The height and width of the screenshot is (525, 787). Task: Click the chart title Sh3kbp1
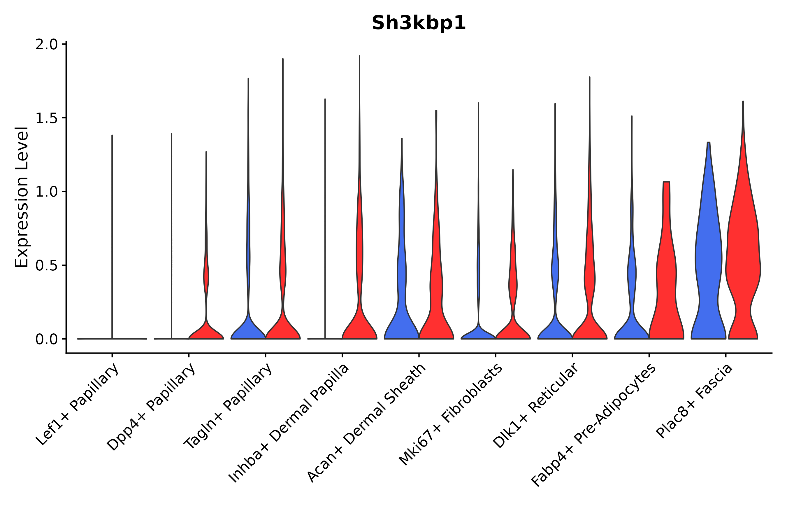[x=419, y=23]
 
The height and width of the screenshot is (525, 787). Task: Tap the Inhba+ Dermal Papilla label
[x=289, y=423]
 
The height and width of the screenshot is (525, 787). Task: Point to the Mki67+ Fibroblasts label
[x=450, y=415]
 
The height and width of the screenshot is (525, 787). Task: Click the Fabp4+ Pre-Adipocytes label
[x=593, y=425]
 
